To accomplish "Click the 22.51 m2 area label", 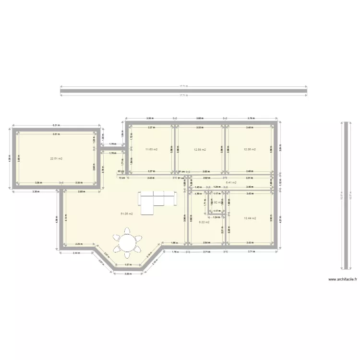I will (57, 158).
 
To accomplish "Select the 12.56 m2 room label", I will (199, 149).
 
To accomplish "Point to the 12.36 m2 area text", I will (250, 149).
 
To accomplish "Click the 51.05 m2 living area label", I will (126, 214).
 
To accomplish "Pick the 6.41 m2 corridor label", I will (230, 182).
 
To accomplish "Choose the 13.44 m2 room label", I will (250, 218).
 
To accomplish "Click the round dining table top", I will (128, 242).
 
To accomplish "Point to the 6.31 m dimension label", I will (56, 126).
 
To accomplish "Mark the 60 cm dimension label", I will (120, 171).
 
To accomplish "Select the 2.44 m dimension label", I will (76, 252).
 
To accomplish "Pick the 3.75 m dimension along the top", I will (251, 118).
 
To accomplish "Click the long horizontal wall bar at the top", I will (183, 91).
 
